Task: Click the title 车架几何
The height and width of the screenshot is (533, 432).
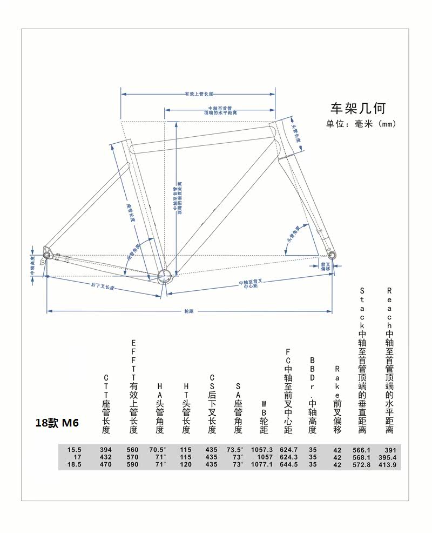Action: pyautogui.click(x=358, y=108)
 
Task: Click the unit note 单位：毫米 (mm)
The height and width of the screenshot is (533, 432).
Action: pyautogui.click(x=361, y=124)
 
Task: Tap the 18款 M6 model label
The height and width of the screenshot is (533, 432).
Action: pyautogui.click(x=57, y=423)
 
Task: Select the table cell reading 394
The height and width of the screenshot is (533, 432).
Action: pyautogui.click(x=105, y=450)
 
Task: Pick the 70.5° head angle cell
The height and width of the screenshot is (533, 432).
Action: pyautogui.click(x=158, y=450)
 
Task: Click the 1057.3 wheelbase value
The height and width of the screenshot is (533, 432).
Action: pyautogui.click(x=262, y=450)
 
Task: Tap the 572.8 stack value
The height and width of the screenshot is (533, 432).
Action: pyautogui.click(x=361, y=464)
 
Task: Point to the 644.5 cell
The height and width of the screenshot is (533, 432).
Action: pyautogui.click(x=289, y=464)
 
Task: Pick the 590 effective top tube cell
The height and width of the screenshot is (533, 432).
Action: pyautogui.click(x=132, y=464)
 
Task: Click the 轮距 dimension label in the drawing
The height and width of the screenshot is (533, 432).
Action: pyautogui.click(x=189, y=311)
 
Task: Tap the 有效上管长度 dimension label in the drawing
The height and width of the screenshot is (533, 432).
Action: pyautogui.click(x=198, y=94)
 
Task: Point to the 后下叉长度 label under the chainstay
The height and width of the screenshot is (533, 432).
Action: pyautogui.click(x=103, y=287)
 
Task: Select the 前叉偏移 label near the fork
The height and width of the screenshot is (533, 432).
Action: pyautogui.click(x=325, y=265)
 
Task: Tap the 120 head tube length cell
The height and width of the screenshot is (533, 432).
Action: pyautogui.click(x=186, y=464)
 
